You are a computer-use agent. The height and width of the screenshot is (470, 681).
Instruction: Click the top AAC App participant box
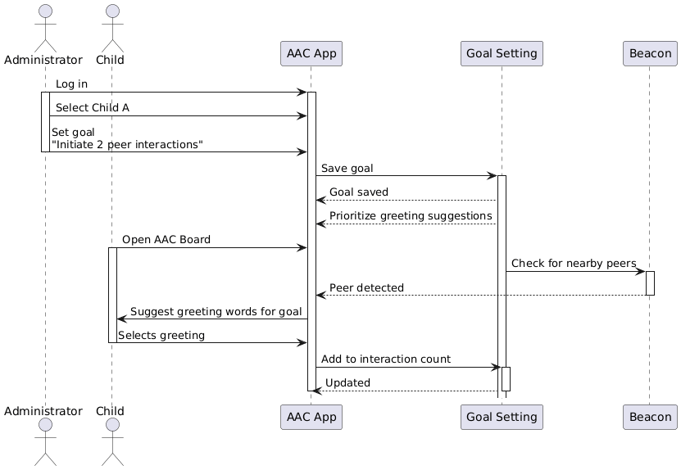coord(311,54)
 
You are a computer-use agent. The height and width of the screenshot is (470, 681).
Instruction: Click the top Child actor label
coord(110,60)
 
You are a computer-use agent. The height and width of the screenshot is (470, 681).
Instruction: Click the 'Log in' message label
coord(71,84)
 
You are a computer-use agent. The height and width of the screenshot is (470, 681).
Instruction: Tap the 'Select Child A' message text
coord(92,108)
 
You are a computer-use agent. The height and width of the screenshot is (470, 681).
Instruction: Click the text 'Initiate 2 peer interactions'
coord(127,144)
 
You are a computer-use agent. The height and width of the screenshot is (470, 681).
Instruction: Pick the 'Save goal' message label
coord(347,168)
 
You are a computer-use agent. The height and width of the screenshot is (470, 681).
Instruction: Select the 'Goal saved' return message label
coord(359,192)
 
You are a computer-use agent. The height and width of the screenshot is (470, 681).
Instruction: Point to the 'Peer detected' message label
coord(366,287)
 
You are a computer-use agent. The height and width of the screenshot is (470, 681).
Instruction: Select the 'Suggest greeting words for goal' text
coord(216,311)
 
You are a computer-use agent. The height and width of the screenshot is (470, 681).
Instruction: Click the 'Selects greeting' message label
coord(161,335)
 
